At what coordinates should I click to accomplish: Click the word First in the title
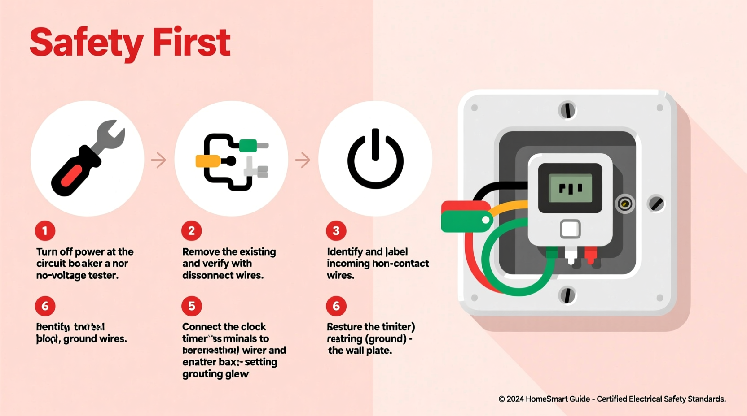pyautogui.click(x=191, y=43)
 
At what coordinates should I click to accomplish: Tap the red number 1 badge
pyautogui.click(x=45, y=231)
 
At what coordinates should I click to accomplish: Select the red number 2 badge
pyautogui.click(x=192, y=231)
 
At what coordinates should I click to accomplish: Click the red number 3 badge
pyautogui.click(x=336, y=231)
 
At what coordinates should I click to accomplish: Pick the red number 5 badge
pyautogui.click(x=192, y=306)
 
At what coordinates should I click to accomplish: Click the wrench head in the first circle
pyautogui.click(x=110, y=134)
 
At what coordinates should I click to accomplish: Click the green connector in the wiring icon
pyautogui.click(x=248, y=145)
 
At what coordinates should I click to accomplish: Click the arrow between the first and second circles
pyautogui.click(x=158, y=160)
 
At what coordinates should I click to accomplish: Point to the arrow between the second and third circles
pyautogui.click(x=303, y=160)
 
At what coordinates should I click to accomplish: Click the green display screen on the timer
pyautogui.click(x=570, y=188)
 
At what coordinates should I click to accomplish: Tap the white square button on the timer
pyautogui.click(x=570, y=229)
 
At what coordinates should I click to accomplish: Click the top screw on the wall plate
pyautogui.click(x=567, y=110)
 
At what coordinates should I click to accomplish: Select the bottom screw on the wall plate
pyautogui.click(x=567, y=295)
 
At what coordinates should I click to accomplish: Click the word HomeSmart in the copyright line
pyautogui.click(x=545, y=399)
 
